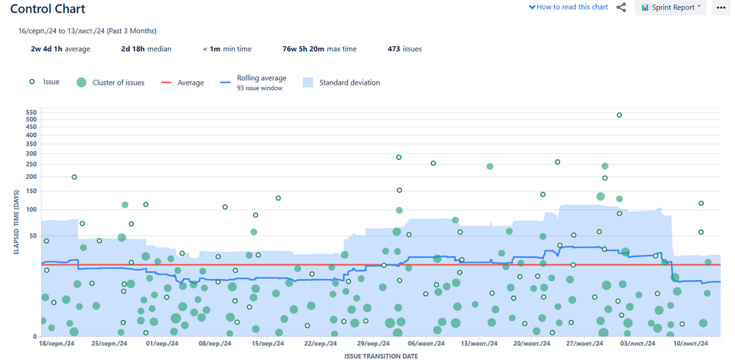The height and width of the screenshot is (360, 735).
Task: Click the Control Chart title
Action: [x=48, y=10]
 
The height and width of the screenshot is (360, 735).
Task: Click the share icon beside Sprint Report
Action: [x=622, y=7]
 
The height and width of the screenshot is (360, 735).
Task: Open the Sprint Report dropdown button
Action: [x=670, y=7]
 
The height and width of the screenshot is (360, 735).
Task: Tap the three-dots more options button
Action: [x=720, y=7]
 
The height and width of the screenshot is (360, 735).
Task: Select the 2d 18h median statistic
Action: [x=146, y=49]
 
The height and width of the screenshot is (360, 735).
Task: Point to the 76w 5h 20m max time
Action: [x=319, y=49]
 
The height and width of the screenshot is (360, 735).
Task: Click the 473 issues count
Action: [x=405, y=49]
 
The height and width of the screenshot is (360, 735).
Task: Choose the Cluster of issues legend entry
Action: [x=110, y=82]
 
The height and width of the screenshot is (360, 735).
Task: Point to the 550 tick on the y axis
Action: [x=31, y=113]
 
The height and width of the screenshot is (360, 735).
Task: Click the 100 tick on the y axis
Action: [x=31, y=210]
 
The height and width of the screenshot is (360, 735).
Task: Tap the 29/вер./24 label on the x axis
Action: [x=372, y=344]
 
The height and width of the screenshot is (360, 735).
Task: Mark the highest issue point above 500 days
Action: [x=619, y=116]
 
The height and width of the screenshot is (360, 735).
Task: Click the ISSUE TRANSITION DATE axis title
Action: [x=380, y=356]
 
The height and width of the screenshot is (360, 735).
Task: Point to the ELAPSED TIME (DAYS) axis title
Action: [x=16, y=220]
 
